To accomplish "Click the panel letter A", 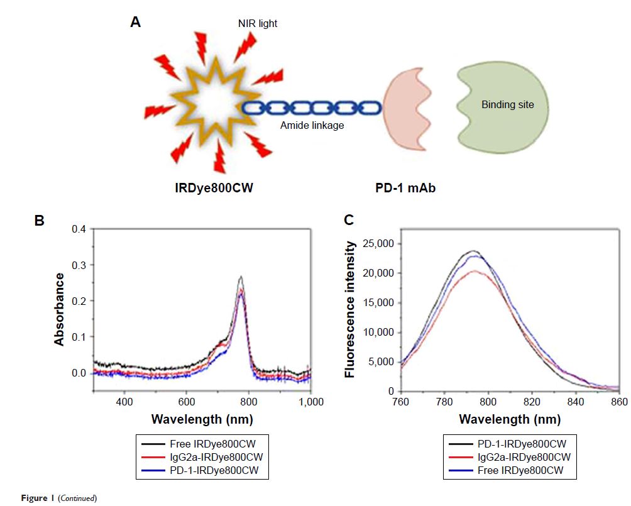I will click(135, 23).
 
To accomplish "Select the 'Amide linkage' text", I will click(312, 126).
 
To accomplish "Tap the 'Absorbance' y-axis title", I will click(60, 309).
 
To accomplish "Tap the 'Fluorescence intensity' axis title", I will click(350, 309).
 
